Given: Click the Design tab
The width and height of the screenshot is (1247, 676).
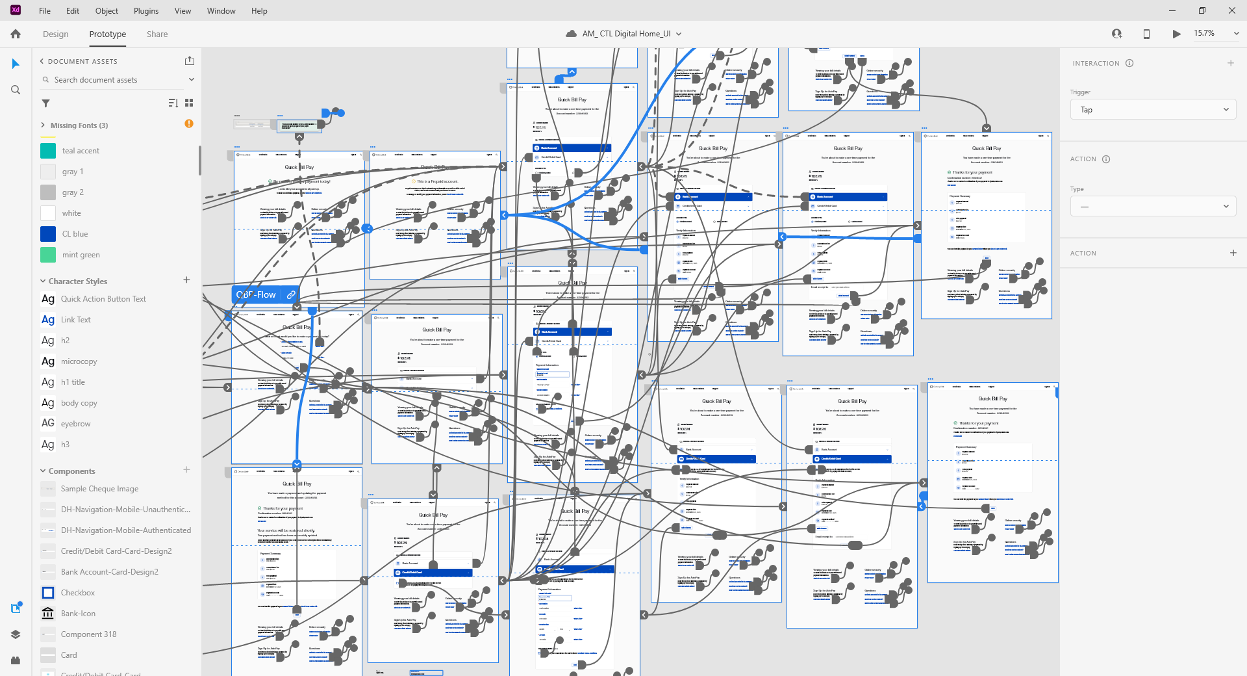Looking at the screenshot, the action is [x=55, y=34].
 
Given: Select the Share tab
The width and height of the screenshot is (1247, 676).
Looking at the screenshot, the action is [x=157, y=34].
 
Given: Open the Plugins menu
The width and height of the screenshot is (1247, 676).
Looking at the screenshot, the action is [x=146, y=11].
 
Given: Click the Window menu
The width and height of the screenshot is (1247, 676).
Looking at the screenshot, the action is [x=221, y=11].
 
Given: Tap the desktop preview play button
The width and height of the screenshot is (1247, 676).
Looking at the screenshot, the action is [x=1176, y=34].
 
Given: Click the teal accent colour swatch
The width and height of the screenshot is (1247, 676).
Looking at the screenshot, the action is [x=48, y=151].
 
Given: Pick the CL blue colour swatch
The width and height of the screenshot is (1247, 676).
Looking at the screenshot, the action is [x=48, y=234].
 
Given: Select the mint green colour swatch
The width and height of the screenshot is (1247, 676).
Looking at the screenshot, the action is [x=48, y=255].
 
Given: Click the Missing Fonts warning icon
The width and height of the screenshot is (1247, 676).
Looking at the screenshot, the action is [x=189, y=123].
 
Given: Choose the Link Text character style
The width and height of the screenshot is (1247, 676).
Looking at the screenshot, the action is [x=75, y=320].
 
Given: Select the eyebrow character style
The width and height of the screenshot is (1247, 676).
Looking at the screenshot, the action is [x=75, y=424].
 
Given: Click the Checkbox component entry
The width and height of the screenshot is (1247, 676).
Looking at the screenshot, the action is [x=77, y=593].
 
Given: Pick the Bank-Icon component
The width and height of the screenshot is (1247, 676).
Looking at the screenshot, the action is [x=77, y=614].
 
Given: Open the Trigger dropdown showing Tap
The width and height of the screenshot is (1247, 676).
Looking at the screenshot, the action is [x=1152, y=110].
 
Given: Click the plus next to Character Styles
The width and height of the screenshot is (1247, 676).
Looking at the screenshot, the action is [x=186, y=280].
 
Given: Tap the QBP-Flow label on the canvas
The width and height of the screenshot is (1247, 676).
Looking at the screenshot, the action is [x=257, y=294].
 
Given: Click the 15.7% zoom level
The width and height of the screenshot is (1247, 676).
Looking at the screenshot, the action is [x=1204, y=33].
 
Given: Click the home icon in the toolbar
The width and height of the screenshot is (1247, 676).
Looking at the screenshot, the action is [x=16, y=34].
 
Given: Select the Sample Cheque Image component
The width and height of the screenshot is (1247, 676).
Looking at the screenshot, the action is [x=99, y=489].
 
